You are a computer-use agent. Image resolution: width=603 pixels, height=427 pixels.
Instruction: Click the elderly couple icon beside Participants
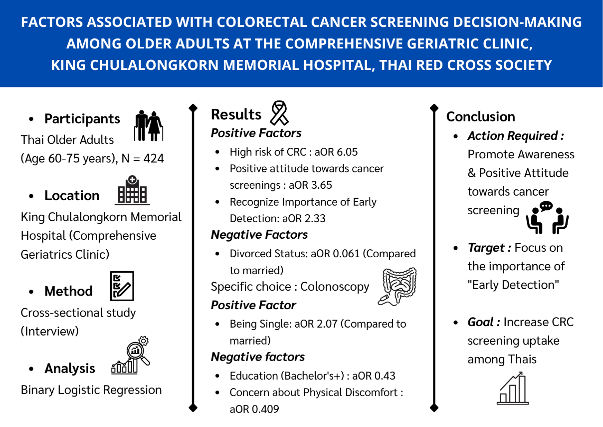click(x=149, y=126)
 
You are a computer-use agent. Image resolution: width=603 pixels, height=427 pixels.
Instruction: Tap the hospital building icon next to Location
click(x=132, y=190)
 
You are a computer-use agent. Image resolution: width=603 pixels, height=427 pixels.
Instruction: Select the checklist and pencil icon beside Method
click(x=122, y=286)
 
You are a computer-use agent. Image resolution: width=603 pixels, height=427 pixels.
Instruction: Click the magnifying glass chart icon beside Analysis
click(x=131, y=355)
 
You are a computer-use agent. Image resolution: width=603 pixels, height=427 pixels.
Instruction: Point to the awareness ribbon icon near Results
click(x=279, y=113)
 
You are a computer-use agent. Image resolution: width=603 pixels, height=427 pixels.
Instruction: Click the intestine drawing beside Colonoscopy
click(x=398, y=287)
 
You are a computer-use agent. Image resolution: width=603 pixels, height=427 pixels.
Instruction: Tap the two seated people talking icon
click(x=547, y=218)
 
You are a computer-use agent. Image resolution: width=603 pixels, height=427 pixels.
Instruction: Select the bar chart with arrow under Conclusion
click(x=513, y=389)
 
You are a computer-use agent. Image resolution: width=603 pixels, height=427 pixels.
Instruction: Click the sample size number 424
click(x=154, y=158)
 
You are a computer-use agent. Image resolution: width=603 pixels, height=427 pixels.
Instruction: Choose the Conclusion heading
click(x=480, y=117)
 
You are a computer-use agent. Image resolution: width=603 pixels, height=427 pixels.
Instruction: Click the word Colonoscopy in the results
click(x=335, y=287)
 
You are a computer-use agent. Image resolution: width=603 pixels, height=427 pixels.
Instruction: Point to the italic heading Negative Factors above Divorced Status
click(x=259, y=235)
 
